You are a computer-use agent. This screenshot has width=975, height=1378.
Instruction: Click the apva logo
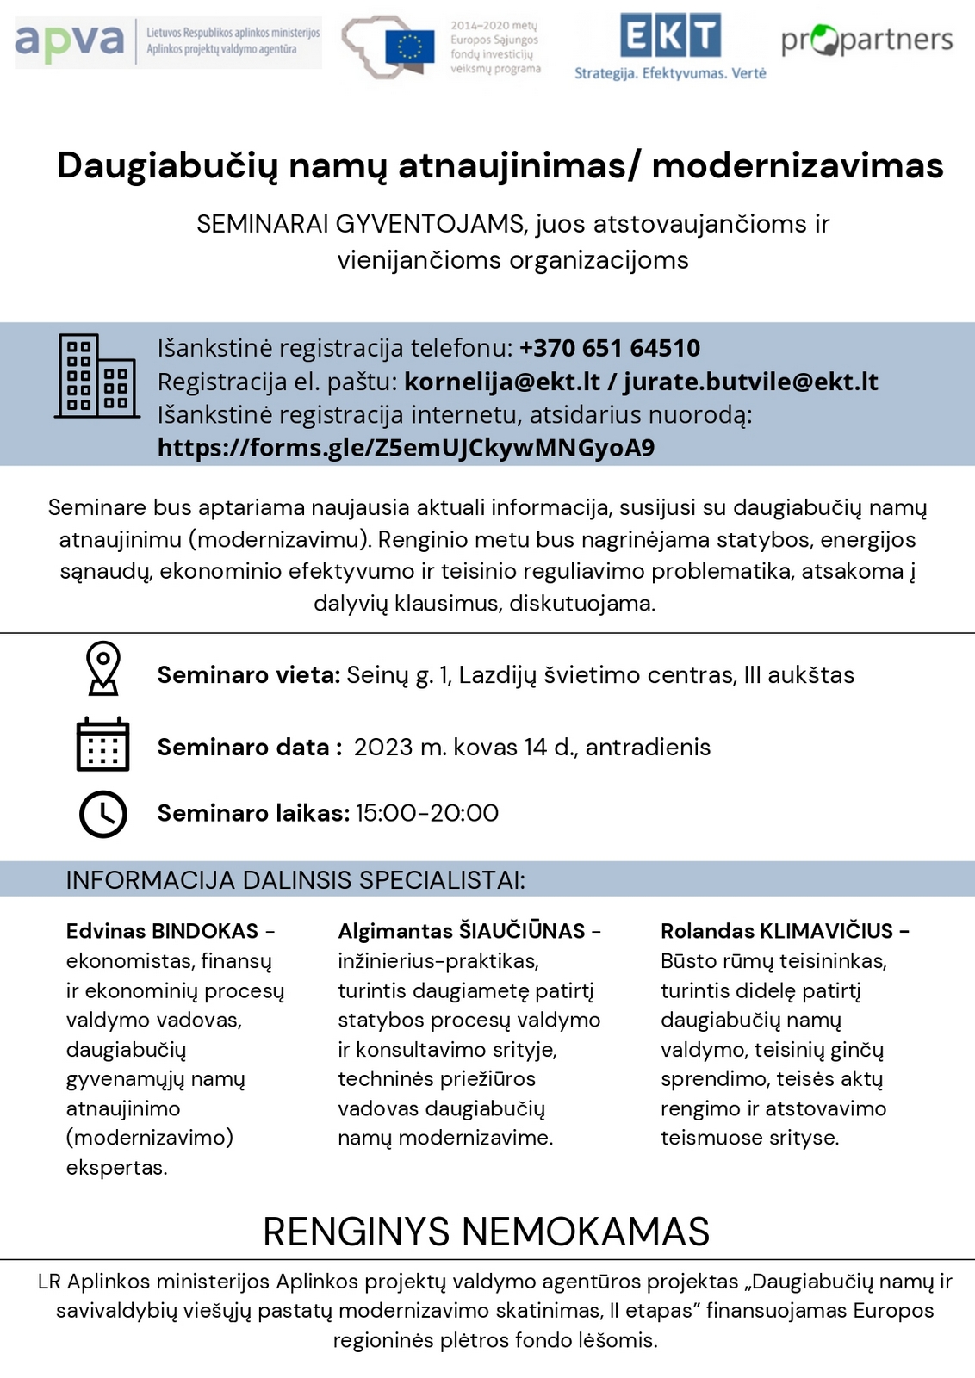pyautogui.click(x=70, y=41)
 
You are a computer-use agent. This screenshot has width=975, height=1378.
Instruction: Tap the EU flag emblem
pyautogui.click(x=410, y=47)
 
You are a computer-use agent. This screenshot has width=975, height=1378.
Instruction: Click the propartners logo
pyautogui.click(x=866, y=40)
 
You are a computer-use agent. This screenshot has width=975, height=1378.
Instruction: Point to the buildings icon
pyautogui.click(x=96, y=376)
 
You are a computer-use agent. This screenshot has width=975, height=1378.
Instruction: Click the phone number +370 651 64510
pyautogui.click(x=610, y=348)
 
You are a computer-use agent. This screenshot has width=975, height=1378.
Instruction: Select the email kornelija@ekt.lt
pyautogui.click(x=502, y=382)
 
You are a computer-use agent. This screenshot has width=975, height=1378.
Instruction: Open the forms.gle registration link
pyautogui.click(x=406, y=448)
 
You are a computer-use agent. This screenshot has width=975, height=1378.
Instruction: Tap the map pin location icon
pyautogui.click(x=103, y=668)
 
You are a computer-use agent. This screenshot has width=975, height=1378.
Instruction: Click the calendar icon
pyautogui.click(x=103, y=744)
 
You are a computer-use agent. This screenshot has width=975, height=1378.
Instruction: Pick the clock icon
pyautogui.click(x=103, y=813)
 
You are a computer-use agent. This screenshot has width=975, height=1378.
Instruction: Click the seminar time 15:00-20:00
pyautogui.click(x=427, y=813)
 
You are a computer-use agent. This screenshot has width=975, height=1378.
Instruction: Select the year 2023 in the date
pyautogui.click(x=383, y=747)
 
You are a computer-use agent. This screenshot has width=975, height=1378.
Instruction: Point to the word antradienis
pyautogui.click(x=648, y=747)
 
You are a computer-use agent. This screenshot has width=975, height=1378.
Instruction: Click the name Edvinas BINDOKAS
pyautogui.click(x=163, y=931)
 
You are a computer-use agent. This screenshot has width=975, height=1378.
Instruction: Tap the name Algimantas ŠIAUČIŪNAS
pyautogui.click(x=462, y=931)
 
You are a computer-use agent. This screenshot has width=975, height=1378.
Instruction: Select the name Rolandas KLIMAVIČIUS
pyautogui.click(x=777, y=931)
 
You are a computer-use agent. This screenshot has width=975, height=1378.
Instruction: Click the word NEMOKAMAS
pyautogui.click(x=586, y=1232)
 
